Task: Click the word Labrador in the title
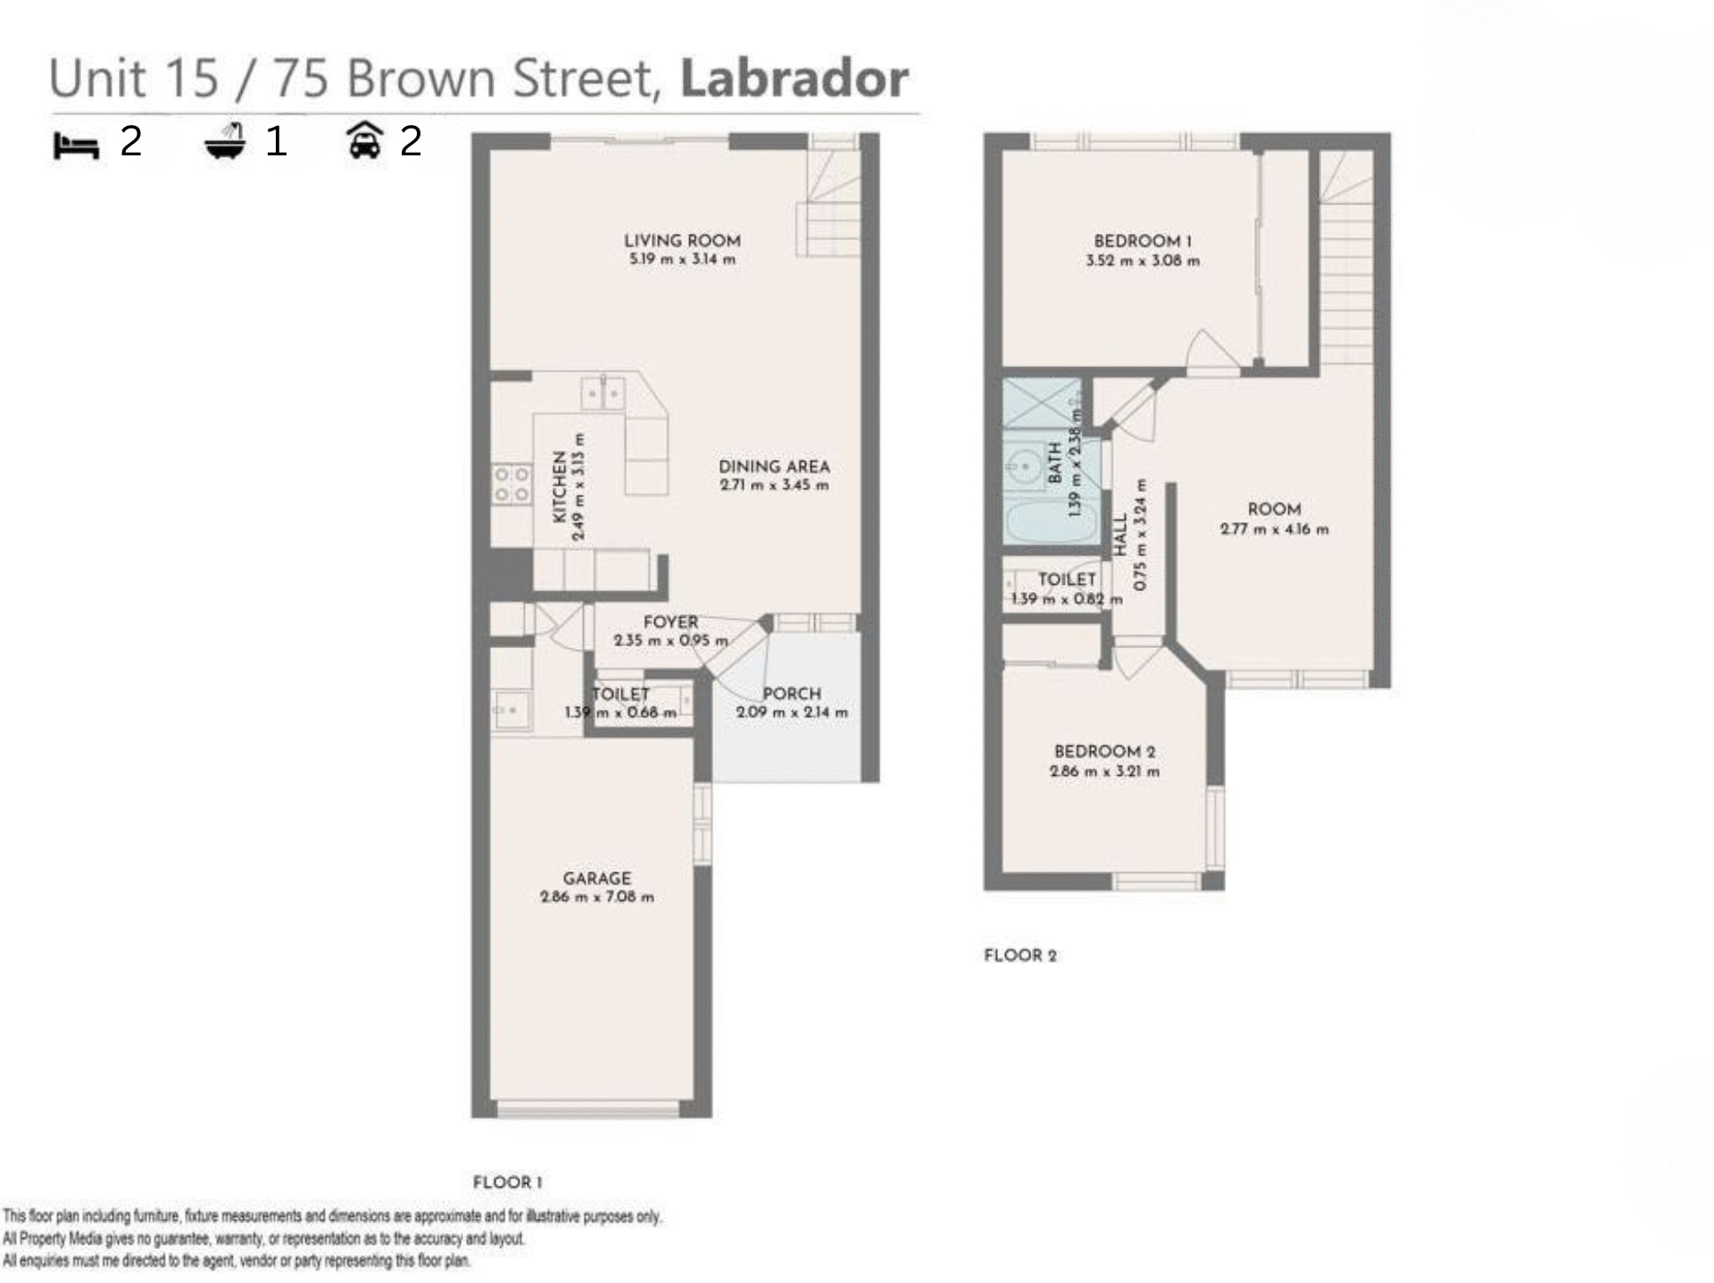[x=794, y=79]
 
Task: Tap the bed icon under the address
[x=76, y=145]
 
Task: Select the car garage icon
[x=364, y=141]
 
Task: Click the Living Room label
[x=682, y=240]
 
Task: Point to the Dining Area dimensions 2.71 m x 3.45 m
[x=774, y=486]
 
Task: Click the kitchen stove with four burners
[x=512, y=485]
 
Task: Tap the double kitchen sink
[x=603, y=393]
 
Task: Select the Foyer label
[x=670, y=622]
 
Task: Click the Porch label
[x=791, y=694]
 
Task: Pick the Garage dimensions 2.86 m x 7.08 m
[x=596, y=897]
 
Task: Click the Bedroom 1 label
[x=1142, y=241]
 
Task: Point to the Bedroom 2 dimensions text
[x=1104, y=771]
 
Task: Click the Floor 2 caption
[x=1019, y=955]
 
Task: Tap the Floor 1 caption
[x=507, y=1182]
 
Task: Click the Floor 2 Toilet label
[x=1067, y=579]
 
